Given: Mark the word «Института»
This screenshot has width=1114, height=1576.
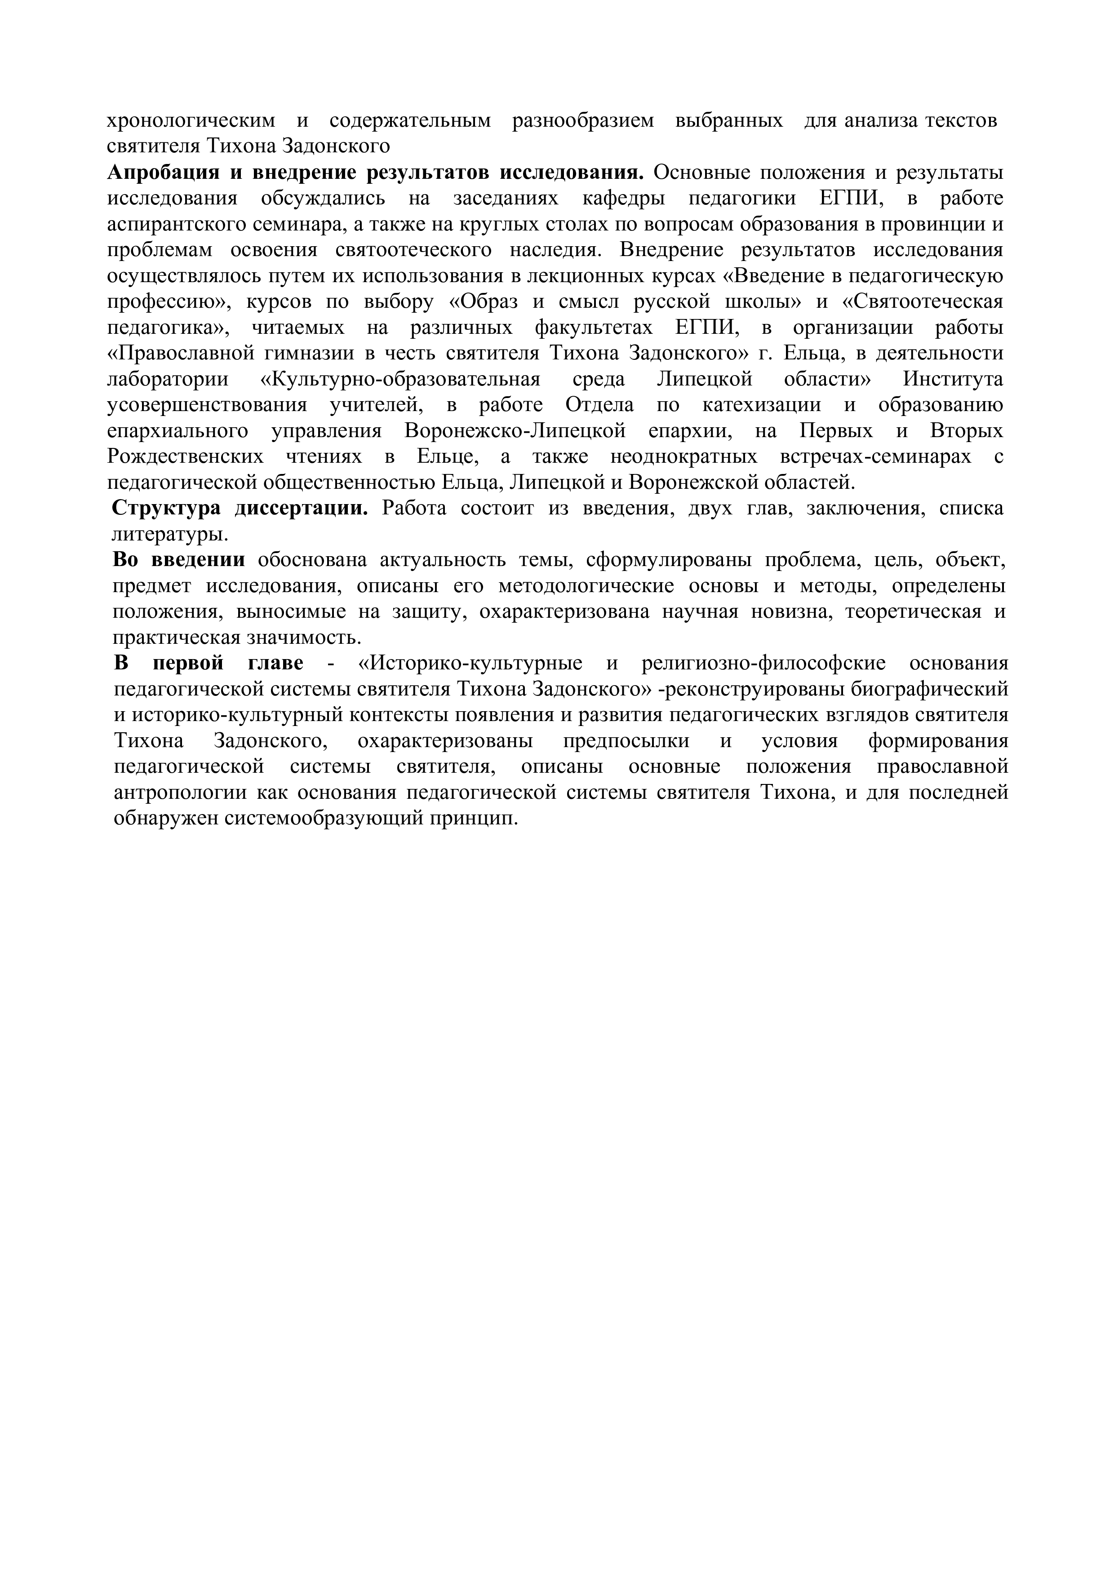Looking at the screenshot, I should (x=953, y=380).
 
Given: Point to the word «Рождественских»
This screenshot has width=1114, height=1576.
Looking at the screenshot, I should (x=185, y=457).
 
